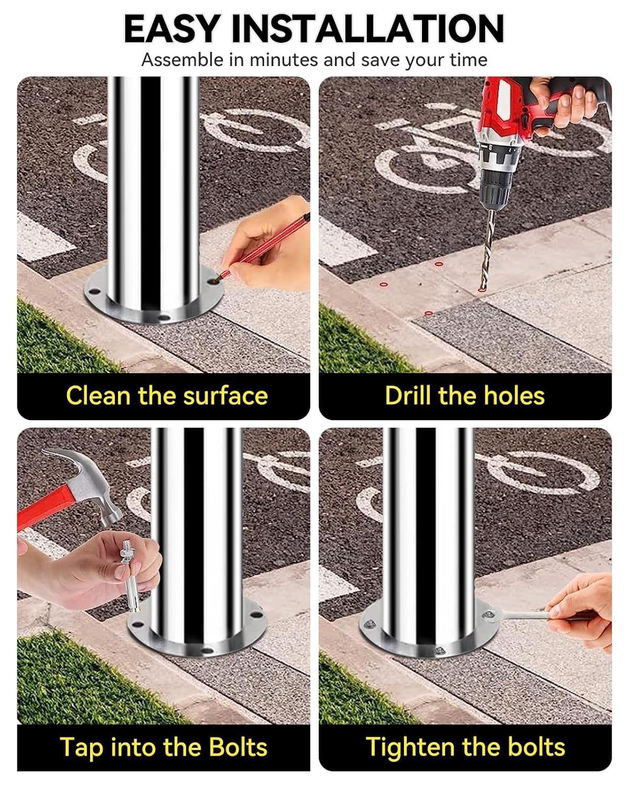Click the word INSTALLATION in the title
point(367,29)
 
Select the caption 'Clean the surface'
point(167,395)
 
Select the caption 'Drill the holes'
point(464,395)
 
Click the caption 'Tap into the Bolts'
point(164,747)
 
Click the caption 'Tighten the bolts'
point(465,747)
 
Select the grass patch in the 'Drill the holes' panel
point(356,346)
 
